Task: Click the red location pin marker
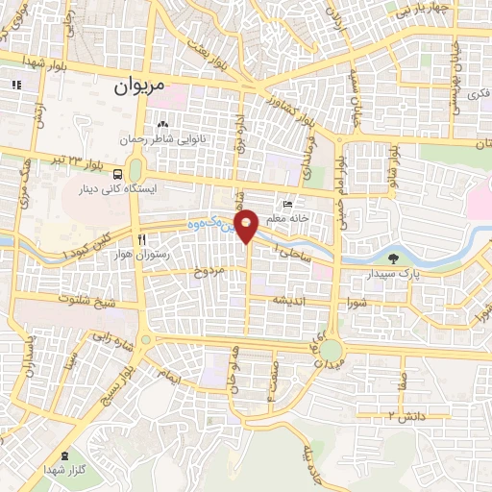coord(247,226)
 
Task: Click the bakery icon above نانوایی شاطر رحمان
coord(162,124)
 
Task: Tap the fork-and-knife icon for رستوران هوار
coord(141,238)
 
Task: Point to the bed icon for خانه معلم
coord(286,204)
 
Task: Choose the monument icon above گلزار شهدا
coord(64,455)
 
